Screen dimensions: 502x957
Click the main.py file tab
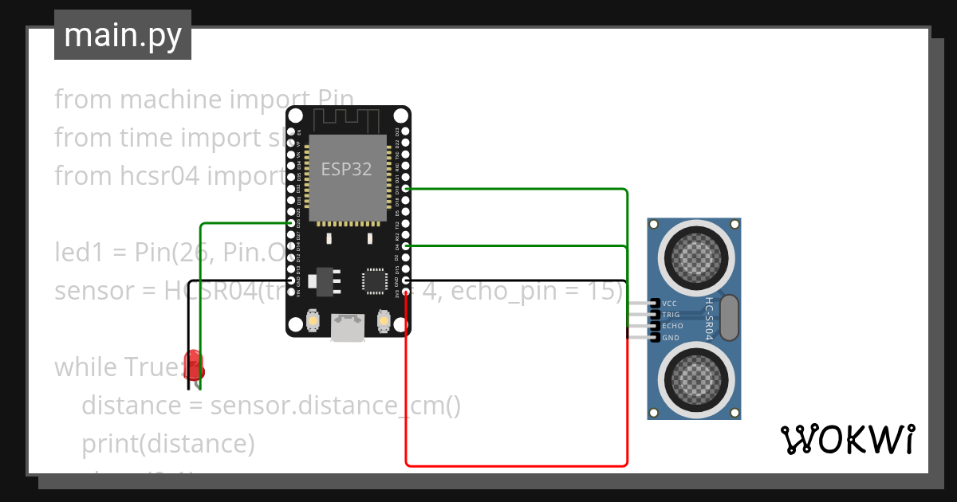pyautogui.click(x=123, y=35)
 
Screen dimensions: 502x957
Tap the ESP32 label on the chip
pyautogui.click(x=346, y=169)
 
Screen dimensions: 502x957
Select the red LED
pyautogui.click(x=194, y=365)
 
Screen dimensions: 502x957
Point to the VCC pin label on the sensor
pyautogui.click(x=670, y=304)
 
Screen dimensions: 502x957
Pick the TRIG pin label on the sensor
pyautogui.click(x=671, y=315)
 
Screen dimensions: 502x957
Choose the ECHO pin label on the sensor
pyautogui.click(x=672, y=326)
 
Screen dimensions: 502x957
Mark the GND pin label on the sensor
pyautogui.click(x=670, y=338)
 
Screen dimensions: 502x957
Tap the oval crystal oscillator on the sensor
pyautogui.click(x=729, y=316)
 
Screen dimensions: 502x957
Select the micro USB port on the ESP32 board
pyautogui.click(x=348, y=327)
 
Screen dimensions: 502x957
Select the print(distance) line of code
pyautogui.click(x=167, y=444)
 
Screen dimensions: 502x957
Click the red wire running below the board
pyautogui.click(x=517, y=465)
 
